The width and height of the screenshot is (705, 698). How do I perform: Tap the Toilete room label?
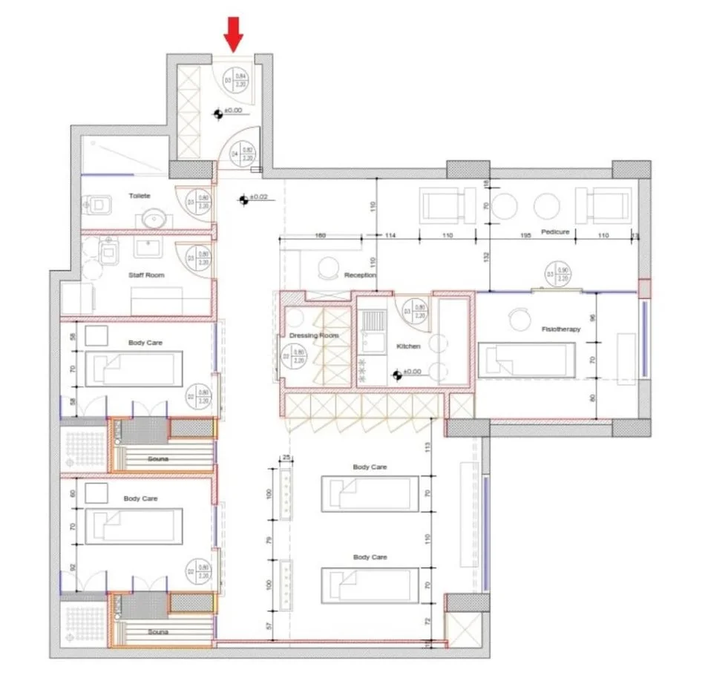(140, 196)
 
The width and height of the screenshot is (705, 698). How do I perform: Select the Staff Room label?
(145, 275)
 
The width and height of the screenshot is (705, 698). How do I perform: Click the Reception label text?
(360, 275)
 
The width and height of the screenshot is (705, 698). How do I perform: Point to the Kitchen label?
(409, 346)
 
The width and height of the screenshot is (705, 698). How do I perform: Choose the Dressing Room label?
(314, 336)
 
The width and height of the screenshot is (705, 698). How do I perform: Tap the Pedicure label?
(555, 232)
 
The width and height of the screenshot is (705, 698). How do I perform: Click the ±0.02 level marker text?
(258, 197)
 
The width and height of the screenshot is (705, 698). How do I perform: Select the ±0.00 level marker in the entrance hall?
(232, 111)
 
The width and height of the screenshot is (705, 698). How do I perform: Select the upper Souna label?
(158, 458)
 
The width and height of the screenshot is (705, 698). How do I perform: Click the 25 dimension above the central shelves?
(284, 458)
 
